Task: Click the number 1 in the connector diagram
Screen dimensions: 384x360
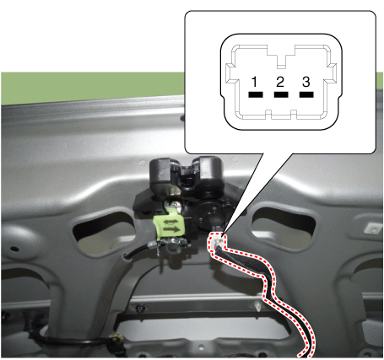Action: (255, 82)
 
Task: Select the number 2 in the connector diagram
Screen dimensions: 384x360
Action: (280, 82)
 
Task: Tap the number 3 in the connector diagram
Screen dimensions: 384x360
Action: (306, 82)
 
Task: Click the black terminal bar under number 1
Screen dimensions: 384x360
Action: (256, 94)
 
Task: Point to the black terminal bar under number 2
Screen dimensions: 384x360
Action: (281, 94)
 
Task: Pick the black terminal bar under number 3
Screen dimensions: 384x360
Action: (306, 94)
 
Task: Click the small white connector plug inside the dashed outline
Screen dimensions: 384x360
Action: (218, 241)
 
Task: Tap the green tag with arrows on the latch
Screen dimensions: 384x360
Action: (169, 224)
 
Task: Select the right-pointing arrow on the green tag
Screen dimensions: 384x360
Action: (171, 229)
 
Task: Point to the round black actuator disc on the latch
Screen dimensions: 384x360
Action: (208, 215)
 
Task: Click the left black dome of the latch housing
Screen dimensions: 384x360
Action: (163, 175)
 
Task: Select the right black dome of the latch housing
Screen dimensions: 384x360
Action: (208, 173)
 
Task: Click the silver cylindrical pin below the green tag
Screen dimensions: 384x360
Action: (173, 246)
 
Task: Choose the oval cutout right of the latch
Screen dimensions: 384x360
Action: (284, 227)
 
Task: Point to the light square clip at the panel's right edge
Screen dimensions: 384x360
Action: (372, 229)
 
